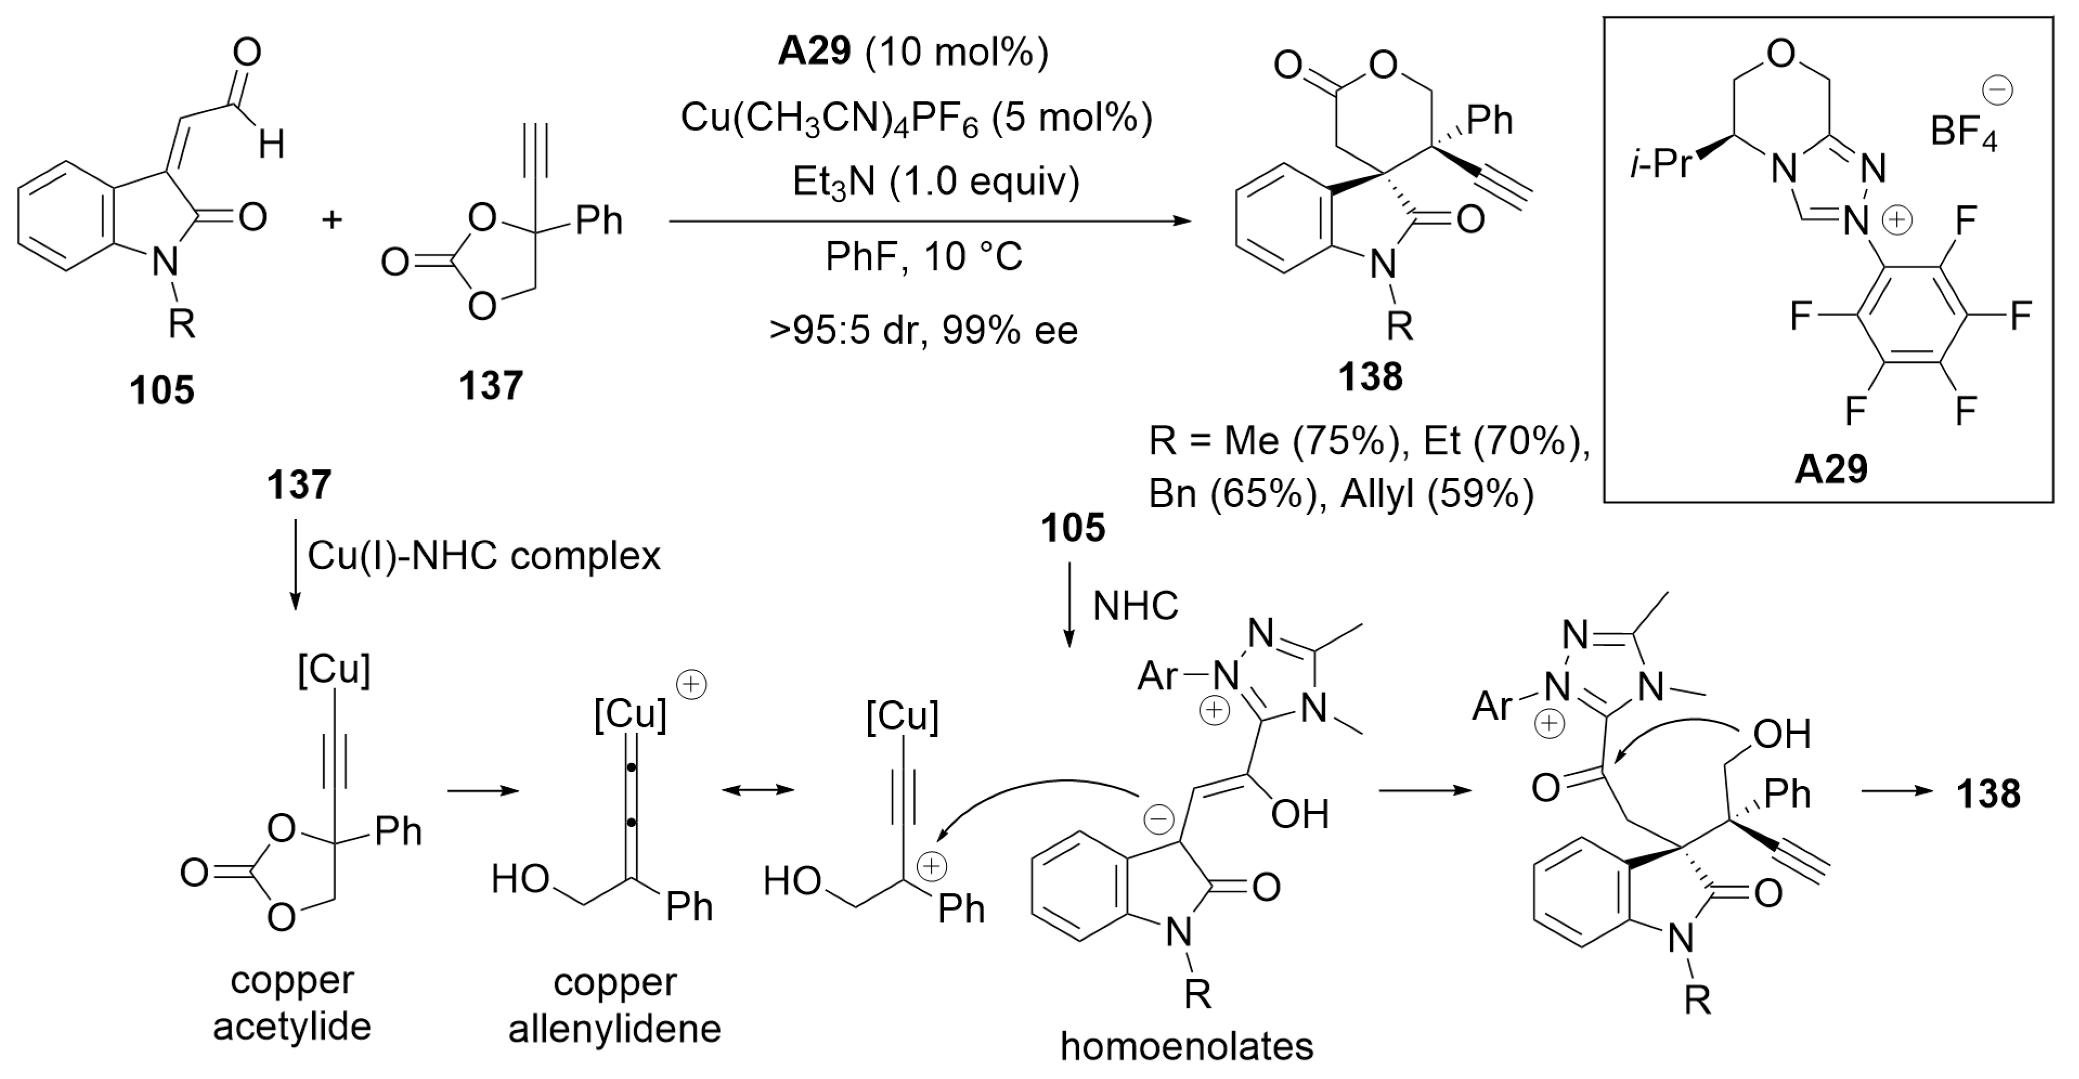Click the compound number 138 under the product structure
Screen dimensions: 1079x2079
point(1370,377)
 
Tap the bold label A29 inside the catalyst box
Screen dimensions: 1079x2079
point(1830,469)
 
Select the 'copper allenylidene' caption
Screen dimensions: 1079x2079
point(614,1005)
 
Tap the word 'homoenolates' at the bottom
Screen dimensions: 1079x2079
point(1186,1046)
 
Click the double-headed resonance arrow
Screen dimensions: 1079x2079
point(757,790)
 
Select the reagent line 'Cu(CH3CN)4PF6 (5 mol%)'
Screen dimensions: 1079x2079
point(916,118)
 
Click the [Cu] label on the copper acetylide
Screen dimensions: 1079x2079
point(334,670)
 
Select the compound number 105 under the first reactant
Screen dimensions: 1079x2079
point(162,391)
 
